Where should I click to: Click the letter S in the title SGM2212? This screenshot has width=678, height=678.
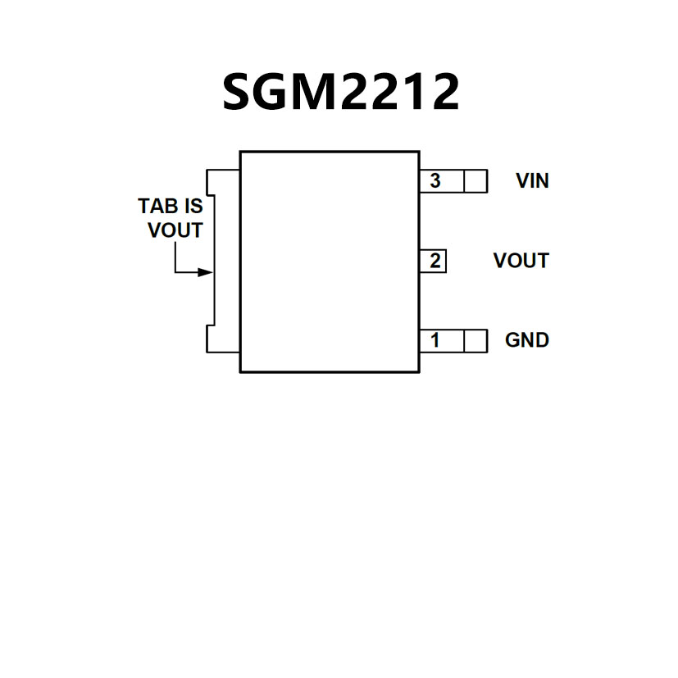[x=240, y=92]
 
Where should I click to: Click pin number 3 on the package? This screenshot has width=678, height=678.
[x=435, y=180]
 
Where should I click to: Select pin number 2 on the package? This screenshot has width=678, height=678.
[x=435, y=261]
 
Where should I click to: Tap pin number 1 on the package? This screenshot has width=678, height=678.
[x=435, y=339]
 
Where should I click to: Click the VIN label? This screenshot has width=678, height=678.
[x=532, y=180]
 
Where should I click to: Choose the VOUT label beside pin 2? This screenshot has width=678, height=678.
[x=521, y=261]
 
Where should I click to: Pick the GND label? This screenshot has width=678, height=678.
[x=526, y=339]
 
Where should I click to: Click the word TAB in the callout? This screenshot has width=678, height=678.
[x=158, y=206]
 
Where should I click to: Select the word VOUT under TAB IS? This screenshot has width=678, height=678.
[x=175, y=230]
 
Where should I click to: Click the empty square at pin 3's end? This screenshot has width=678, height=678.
[x=476, y=180]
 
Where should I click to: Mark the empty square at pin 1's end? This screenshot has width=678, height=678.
[x=476, y=340]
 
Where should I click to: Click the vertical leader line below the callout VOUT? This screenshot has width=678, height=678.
[x=175, y=256]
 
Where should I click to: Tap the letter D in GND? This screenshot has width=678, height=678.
[x=541, y=339]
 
